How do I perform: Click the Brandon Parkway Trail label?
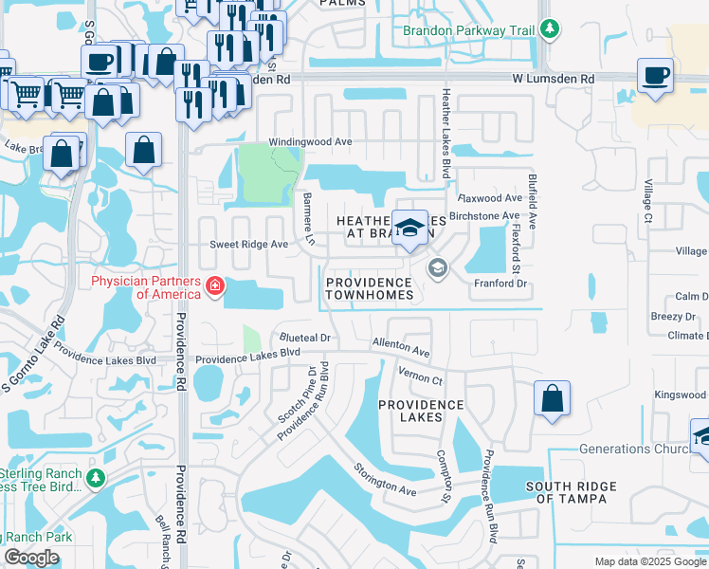click(468, 30)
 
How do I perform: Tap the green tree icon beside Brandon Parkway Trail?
click(549, 30)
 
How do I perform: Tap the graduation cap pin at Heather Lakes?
click(410, 229)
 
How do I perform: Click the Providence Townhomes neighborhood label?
click(370, 288)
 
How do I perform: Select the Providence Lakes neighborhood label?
click(421, 412)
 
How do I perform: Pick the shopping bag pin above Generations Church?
click(552, 399)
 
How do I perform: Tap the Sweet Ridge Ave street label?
click(248, 244)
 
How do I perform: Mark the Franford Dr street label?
click(500, 284)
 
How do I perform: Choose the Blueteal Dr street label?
click(303, 338)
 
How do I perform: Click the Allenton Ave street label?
click(401, 346)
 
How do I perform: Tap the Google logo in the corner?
click(31, 558)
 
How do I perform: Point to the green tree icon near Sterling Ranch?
click(95, 480)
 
